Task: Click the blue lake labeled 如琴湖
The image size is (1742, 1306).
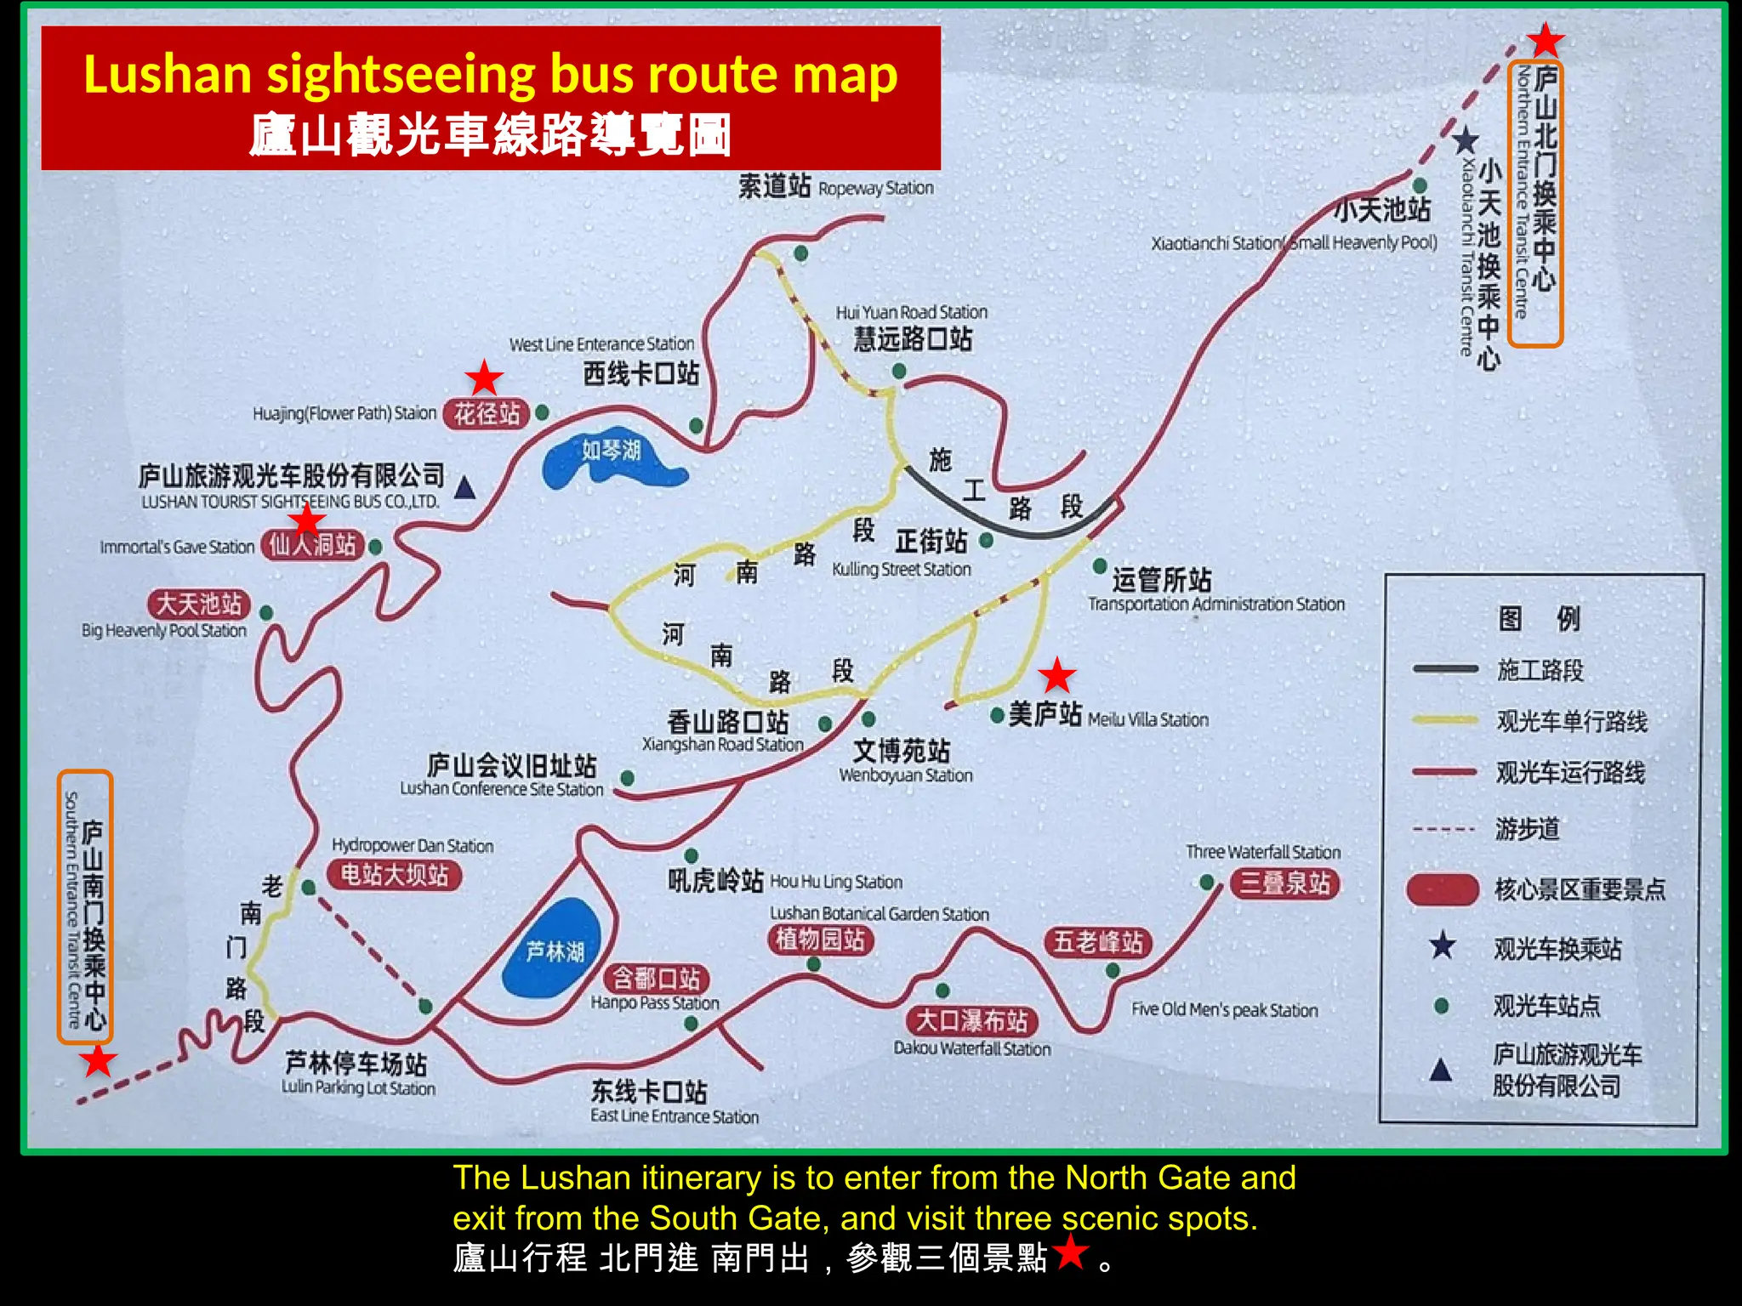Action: (x=608, y=457)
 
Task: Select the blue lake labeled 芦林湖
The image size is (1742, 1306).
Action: (x=554, y=948)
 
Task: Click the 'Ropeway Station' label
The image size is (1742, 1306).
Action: (x=875, y=188)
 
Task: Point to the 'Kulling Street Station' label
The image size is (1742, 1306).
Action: (x=901, y=569)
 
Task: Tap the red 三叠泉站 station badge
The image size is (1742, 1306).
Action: (x=1284, y=883)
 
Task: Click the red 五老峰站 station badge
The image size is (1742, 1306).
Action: (x=1098, y=942)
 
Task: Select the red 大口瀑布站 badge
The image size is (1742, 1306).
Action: (x=971, y=1020)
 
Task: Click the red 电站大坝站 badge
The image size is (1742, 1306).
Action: (x=395, y=874)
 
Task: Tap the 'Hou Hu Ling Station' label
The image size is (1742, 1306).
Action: (x=835, y=882)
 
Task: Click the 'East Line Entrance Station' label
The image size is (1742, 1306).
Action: (x=675, y=1116)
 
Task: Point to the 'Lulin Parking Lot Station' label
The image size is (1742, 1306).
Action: (x=358, y=1087)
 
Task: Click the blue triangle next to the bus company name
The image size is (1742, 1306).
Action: (x=464, y=488)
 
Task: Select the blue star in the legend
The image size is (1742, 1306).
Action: (x=1443, y=945)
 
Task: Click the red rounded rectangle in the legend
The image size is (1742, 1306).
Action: (x=1443, y=889)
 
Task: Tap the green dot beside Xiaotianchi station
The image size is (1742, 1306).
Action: (x=1420, y=185)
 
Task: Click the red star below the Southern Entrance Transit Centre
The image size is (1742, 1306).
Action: (x=98, y=1060)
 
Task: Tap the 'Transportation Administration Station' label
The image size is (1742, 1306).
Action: (x=1216, y=604)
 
